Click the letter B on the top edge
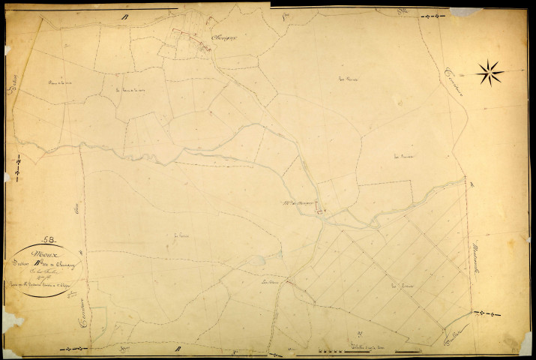tap(127, 16)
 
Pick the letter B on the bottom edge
tap(178, 349)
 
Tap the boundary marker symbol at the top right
tap(430, 16)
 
